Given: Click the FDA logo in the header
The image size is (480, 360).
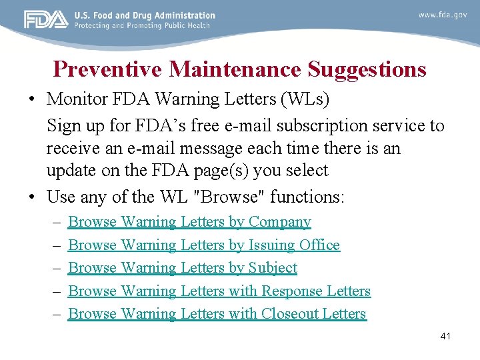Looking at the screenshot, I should point(45,20).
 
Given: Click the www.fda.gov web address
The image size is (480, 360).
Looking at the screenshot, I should point(442,15).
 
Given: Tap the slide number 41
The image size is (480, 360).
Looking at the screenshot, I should point(445,336).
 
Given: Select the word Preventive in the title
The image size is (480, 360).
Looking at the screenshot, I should point(108,69).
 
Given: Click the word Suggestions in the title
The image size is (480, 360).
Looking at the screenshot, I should point(367,69).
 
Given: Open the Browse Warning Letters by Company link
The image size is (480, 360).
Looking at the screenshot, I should point(189,222).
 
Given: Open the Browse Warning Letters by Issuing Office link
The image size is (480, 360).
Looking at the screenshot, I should point(204,245).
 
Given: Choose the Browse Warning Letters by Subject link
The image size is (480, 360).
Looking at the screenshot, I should point(183,268).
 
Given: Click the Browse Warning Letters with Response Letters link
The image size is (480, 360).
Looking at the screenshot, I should point(219,291).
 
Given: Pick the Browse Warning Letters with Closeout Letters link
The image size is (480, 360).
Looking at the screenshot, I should point(217,314).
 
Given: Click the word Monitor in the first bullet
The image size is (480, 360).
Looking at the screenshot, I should point(74,99).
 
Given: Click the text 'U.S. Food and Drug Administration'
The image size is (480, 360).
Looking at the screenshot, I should point(145,15).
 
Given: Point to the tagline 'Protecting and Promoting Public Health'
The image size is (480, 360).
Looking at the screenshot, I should point(142,25).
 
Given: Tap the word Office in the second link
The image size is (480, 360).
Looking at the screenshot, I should point(319,245).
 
